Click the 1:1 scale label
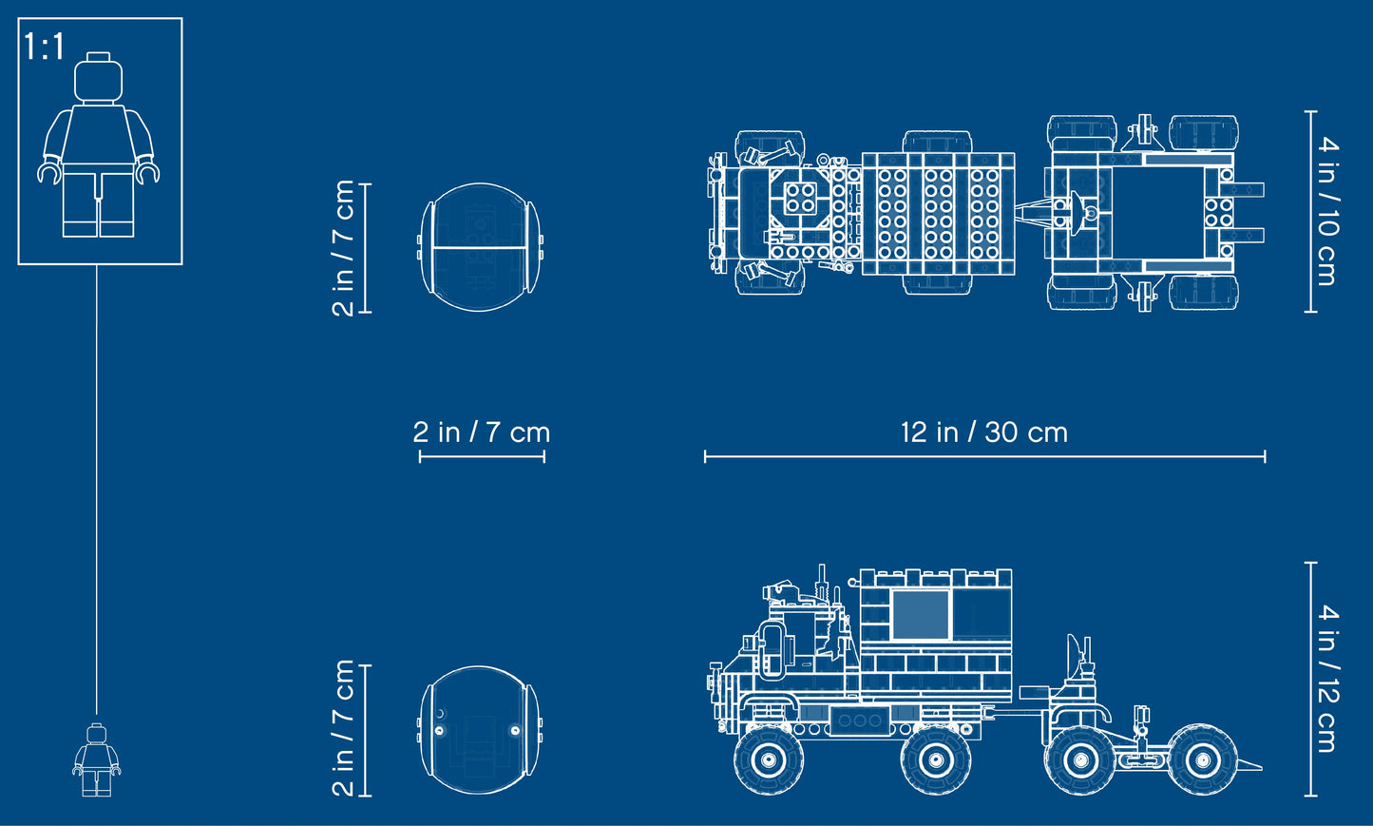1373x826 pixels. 44,47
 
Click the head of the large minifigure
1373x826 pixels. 100,79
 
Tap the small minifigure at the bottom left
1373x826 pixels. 96,759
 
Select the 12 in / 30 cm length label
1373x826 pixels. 983,432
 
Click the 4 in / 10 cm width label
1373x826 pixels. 1327,211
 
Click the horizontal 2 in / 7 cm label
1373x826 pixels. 482,432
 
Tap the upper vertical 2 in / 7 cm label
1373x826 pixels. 343,248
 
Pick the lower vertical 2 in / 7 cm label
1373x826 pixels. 343,728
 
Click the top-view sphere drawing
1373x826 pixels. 479,247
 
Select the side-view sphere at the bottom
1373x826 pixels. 479,730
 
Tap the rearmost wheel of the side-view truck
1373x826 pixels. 1201,759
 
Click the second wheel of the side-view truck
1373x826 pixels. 936,759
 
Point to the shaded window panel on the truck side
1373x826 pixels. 921,615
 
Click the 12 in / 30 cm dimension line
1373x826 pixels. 983,457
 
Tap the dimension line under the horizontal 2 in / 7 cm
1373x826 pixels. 482,457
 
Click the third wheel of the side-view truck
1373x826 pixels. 1079,759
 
